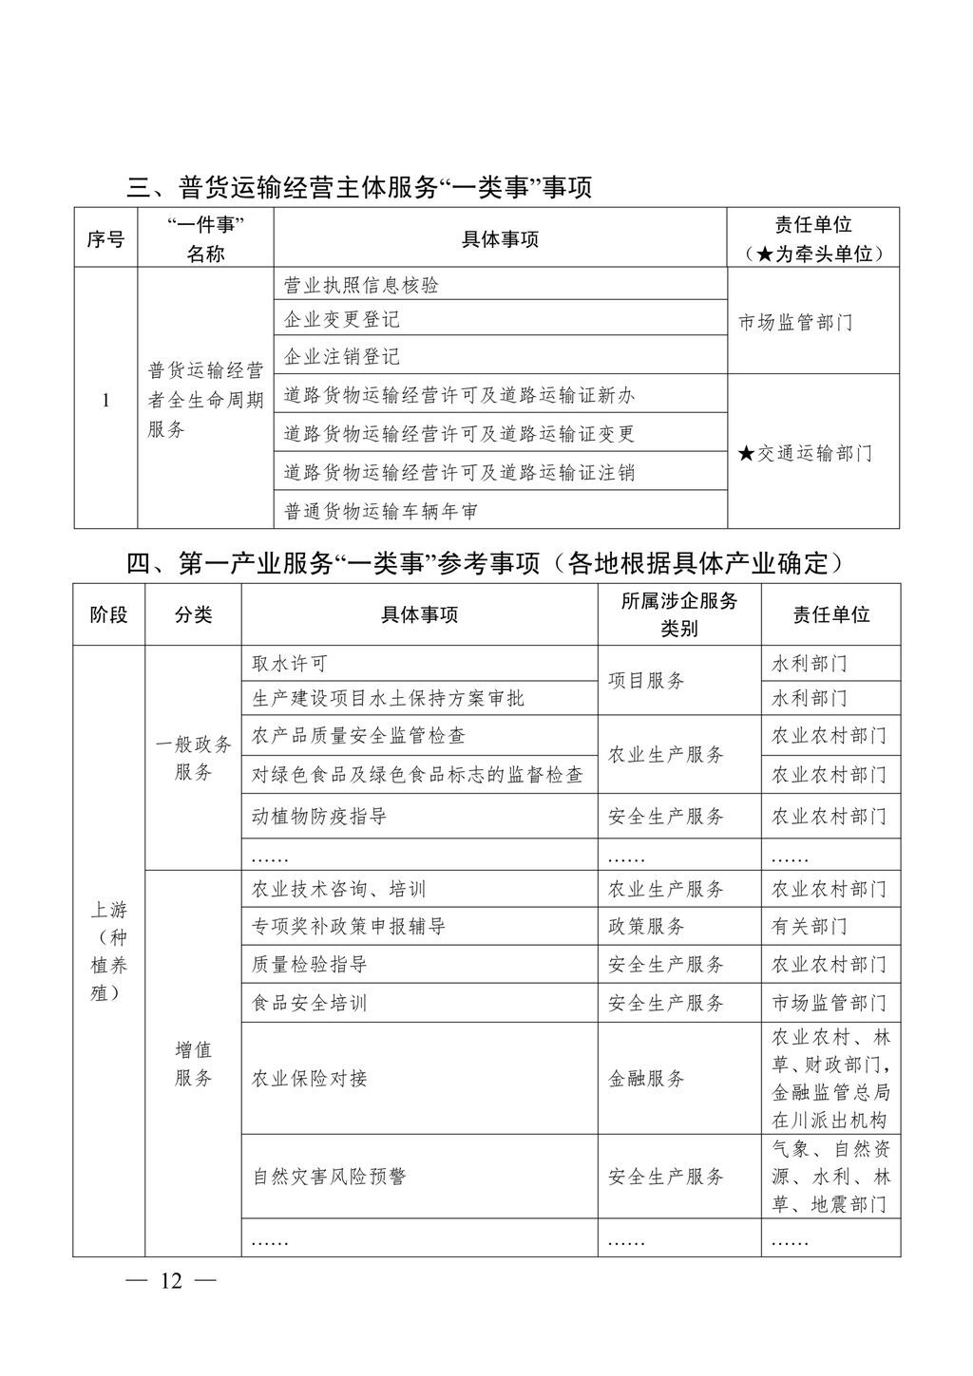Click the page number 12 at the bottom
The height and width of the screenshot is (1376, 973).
point(171,1281)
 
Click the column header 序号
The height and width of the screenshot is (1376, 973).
point(105,239)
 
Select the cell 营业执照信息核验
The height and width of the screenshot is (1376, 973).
point(362,285)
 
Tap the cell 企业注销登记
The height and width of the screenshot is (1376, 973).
point(342,357)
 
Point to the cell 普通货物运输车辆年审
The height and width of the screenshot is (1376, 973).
point(381,512)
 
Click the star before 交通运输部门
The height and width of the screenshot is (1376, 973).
point(746,454)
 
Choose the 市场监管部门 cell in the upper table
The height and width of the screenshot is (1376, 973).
point(796,323)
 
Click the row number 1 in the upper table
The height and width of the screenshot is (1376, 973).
point(105,401)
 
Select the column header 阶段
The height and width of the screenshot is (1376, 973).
point(108,614)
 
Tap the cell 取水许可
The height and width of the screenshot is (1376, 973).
point(290,664)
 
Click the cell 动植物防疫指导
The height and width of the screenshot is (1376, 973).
point(319,817)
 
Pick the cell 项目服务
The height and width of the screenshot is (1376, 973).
point(646,681)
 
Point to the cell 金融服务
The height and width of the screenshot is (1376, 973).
point(646,1079)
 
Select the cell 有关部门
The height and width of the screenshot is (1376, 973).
point(809,926)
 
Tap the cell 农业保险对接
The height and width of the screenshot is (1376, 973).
point(310,1079)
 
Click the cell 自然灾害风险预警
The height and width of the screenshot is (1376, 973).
point(329,1177)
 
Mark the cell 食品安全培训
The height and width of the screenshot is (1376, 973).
point(310,1003)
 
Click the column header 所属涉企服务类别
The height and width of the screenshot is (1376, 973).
point(678,614)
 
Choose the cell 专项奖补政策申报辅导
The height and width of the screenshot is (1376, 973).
point(349,926)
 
